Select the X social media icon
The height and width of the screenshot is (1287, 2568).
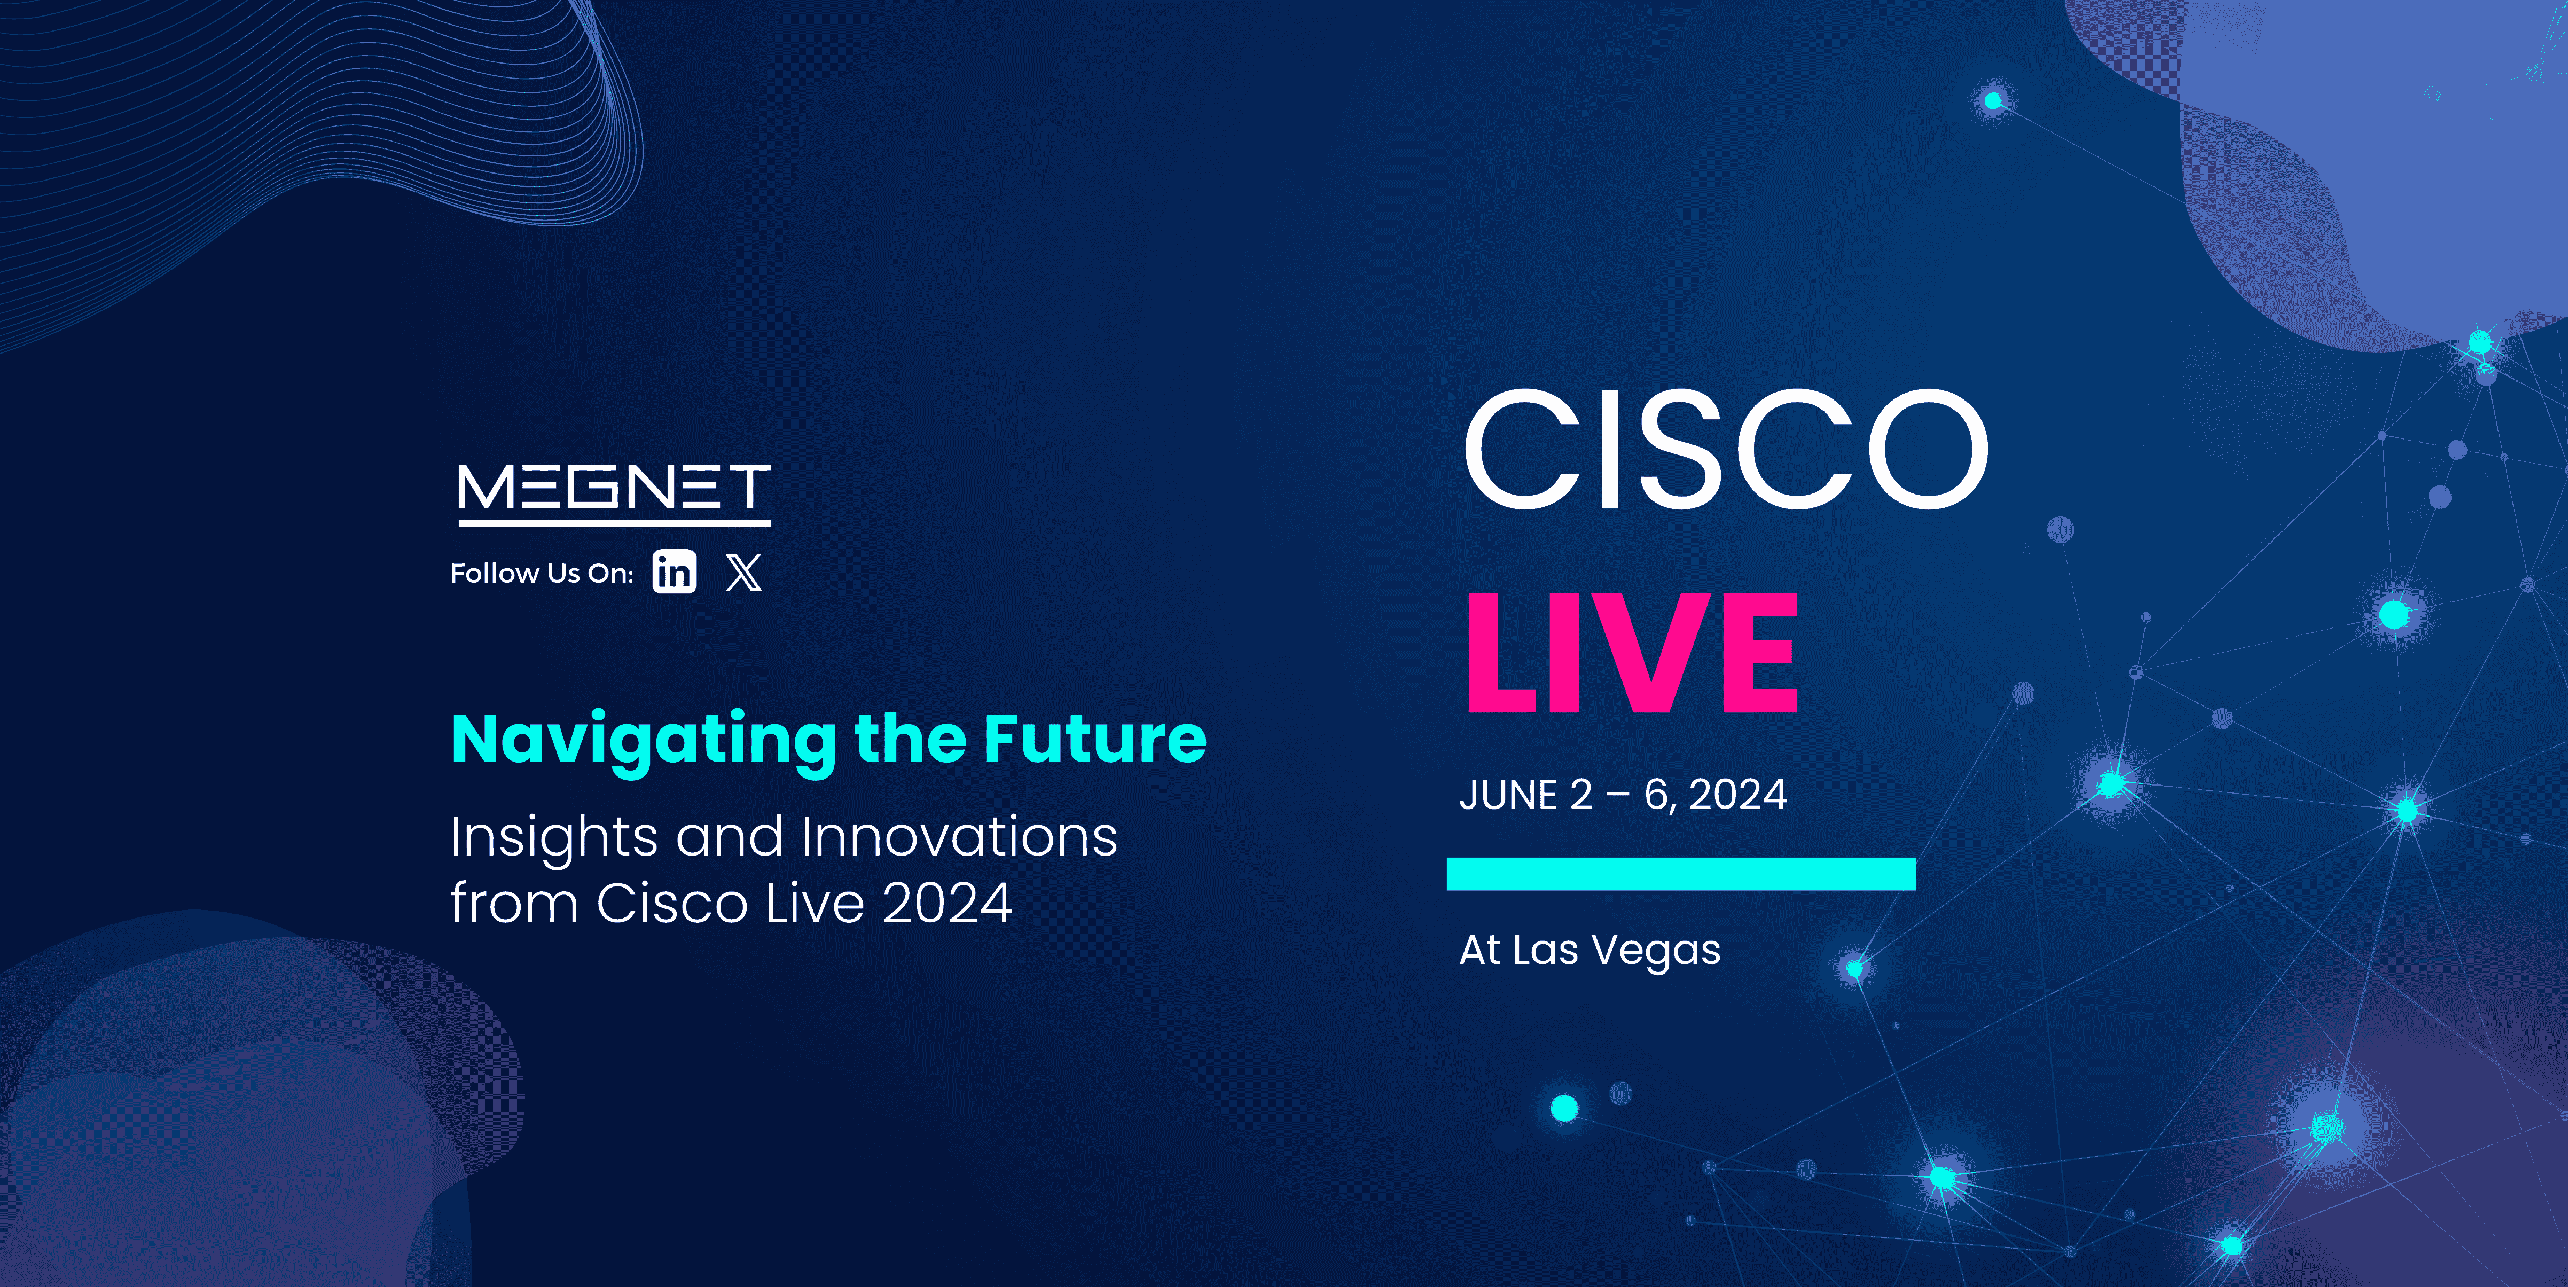[x=743, y=572]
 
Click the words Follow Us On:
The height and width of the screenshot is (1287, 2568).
[x=541, y=573]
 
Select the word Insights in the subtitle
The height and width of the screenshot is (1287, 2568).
[x=553, y=837]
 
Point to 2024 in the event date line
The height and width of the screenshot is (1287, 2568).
[x=1737, y=795]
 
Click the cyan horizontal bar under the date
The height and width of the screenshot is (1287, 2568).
[x=1681, y=873]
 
